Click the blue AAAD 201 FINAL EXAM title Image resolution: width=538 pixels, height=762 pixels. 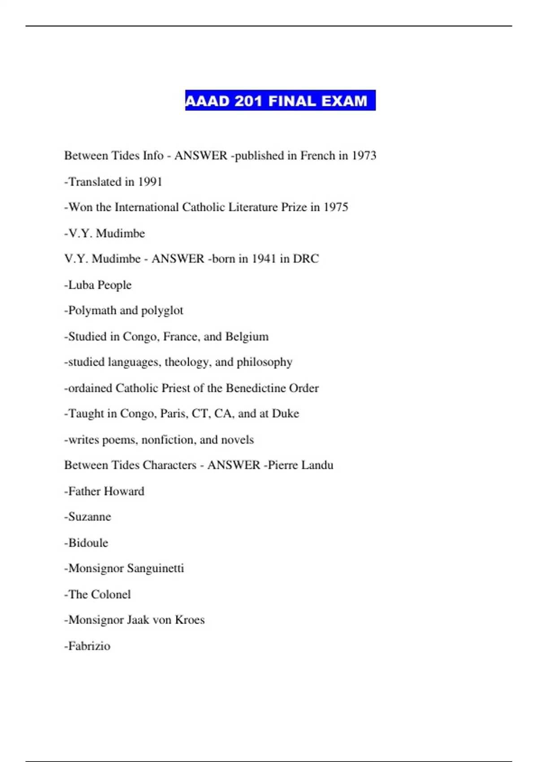tap(280, 100)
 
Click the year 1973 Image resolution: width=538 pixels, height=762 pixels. tap(364, 156)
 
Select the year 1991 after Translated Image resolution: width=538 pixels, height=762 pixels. tap(150, 182)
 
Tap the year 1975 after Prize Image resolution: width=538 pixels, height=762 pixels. tap(336, 207)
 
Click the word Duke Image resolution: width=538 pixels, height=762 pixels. tap(286, 413)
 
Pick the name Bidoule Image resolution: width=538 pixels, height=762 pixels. tap(88, 543)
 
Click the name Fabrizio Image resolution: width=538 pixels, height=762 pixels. tap(89, 646)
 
